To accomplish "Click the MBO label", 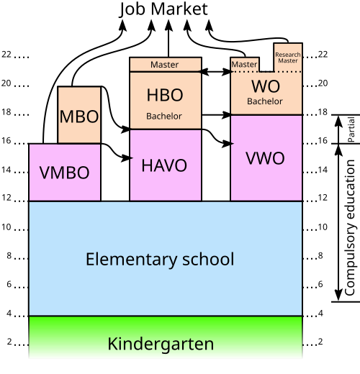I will point(79,117).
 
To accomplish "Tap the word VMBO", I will point(64,173).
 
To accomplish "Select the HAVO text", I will point(164,165).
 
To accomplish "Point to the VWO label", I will point(265,158).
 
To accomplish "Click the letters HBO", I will point(165,95).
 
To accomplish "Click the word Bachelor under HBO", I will point(164,116).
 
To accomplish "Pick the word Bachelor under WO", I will point(265,101).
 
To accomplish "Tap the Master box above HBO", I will point(165,65).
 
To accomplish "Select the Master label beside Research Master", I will point(244,65).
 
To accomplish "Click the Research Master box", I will point(288,58).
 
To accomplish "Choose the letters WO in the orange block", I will point(266,86).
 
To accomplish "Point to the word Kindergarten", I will point(161,344).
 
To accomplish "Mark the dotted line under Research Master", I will point(288,72).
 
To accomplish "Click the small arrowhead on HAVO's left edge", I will point(132,158).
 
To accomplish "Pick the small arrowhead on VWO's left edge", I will point(233,144).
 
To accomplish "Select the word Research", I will point(288,55).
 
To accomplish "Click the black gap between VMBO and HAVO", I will point(115,173).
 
